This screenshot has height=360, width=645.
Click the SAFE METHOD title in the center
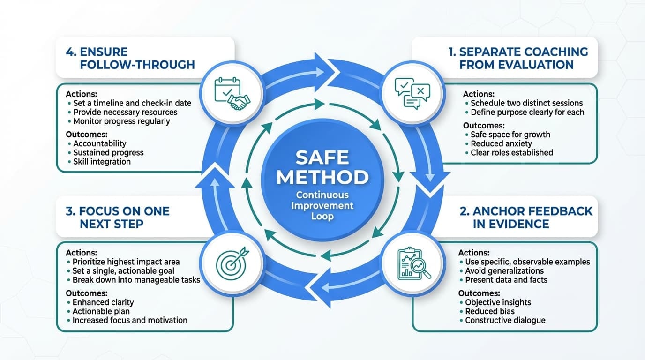[322, 167]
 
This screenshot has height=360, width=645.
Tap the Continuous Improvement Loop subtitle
[322, 205]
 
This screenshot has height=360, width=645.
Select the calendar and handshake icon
[232, 93]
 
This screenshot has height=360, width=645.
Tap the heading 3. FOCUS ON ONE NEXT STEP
[117, 217]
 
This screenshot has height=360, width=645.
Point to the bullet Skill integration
[102, 161]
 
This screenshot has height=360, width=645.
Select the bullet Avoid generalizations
[504, 271]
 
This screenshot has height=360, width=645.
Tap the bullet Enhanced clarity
[103, 302]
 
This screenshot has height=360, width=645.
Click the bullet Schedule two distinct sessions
[526, 103]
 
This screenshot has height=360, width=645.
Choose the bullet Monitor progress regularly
[121, 121]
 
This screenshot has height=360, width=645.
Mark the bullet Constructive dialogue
[505, 320]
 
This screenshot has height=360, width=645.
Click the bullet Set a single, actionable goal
[123, 271]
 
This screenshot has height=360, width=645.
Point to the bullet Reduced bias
[489, 311]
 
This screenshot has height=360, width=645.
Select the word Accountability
[100, 143]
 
